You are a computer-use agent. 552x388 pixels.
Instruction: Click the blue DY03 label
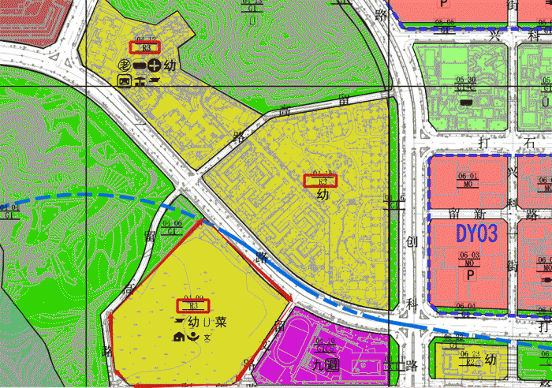[477, 234]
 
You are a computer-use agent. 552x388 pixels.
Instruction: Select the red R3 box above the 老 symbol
[144, 47]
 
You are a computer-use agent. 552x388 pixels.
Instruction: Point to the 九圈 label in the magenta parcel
[324, 367]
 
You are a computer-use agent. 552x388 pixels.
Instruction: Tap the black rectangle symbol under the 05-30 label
[466, 101]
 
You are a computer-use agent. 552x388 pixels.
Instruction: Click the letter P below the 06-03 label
[470, 275]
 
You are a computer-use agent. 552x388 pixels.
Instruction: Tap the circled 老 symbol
[125, 65]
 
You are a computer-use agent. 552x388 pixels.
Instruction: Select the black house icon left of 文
[178, 338]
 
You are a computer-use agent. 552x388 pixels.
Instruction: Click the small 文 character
[207, 338]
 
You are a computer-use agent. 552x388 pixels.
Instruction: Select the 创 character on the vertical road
[410, 241]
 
